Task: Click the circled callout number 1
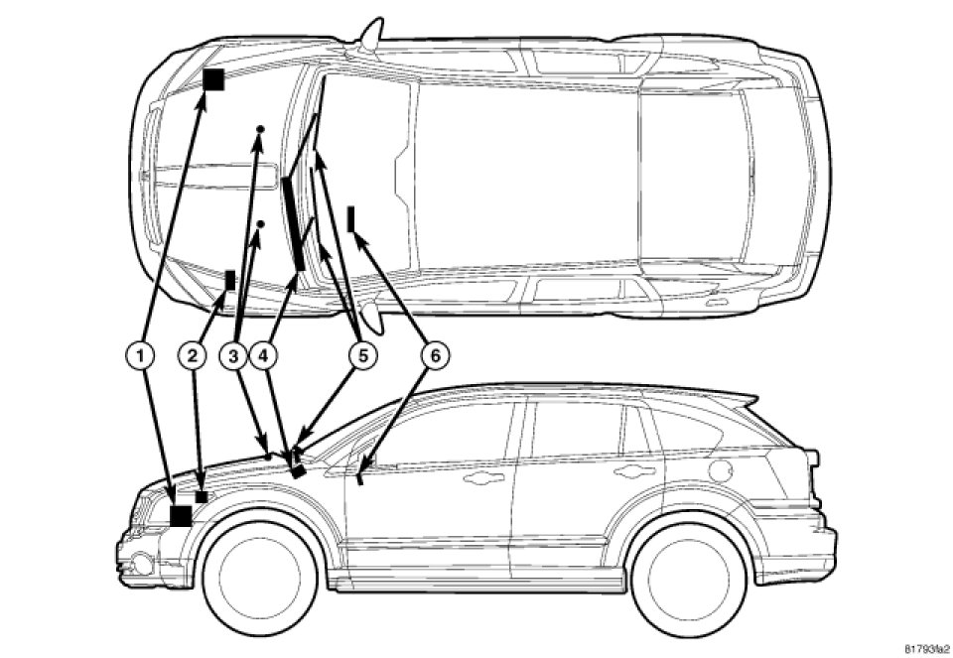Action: [x=143, y=352]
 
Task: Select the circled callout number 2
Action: [x=193, y=352]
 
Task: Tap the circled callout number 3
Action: [x=234, y=352]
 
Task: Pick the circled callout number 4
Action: [x=264, y=352]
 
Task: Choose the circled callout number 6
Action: [x=433, y=352]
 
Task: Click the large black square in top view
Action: [x=213, y=79]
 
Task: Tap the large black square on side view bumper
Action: [x=181, y=515]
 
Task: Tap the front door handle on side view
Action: [x=482, y=478]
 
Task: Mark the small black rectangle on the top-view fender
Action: [x=230, y=280]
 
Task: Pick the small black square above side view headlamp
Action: [x=202, y=495]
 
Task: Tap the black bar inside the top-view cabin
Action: [x=352, y=217]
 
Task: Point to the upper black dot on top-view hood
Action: [x=260, y=130]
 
